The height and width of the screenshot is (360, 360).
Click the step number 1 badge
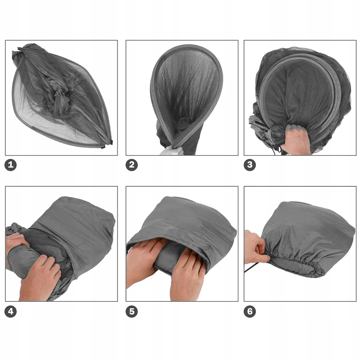pyautogui.click(x=11, y=165)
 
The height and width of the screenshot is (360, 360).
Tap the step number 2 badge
pyautogui.click(x=132, y=165)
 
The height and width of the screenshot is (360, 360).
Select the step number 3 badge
pyautogui.click(x=250, y=165)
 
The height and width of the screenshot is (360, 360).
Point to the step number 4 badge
pyautogui.click(x=11, y=312)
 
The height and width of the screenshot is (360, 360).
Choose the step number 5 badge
pyautogui.click(x=132, y=312)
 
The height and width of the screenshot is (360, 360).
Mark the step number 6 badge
pyautogui.click(x=250, y=312)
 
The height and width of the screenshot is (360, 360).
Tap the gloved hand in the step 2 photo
pyautogui.click(x=172, y=151)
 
